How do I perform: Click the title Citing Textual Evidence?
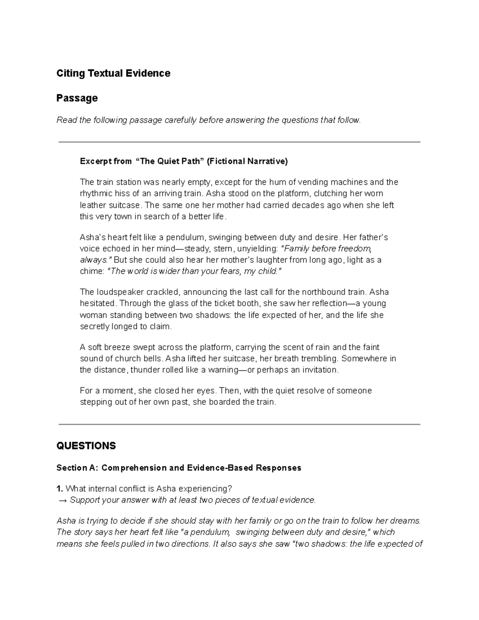coord(113,73)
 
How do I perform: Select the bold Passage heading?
coord(77,98)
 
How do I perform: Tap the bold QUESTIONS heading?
coord(86,446)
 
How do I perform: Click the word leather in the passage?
coord(92,206)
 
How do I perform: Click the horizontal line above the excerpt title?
coord(239,142)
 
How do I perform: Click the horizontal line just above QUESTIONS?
coord(239,424)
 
